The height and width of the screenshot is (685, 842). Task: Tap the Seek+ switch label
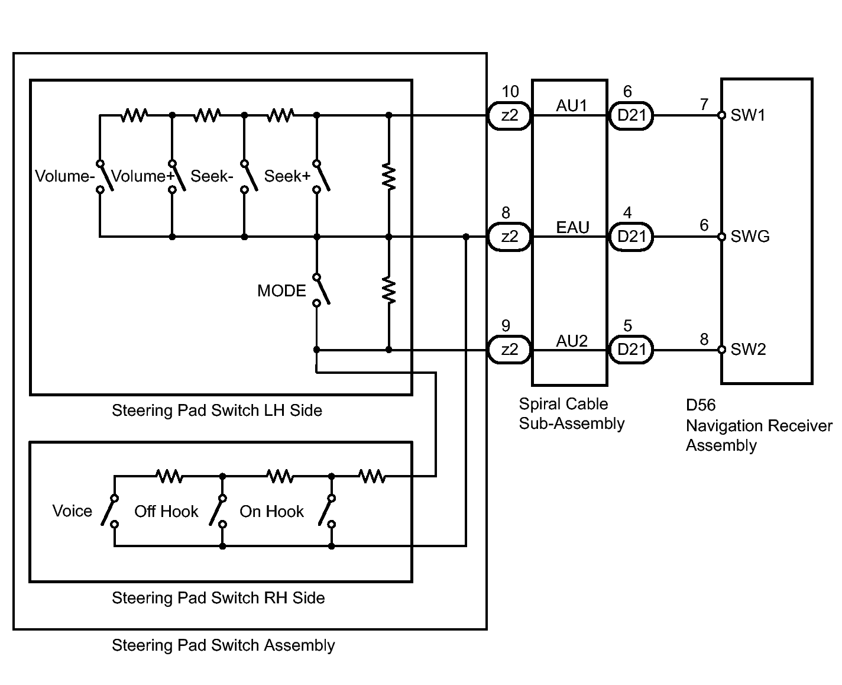pyautogui.click(x=287, y=176)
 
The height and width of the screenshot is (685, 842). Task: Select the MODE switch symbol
pyautogui.click(x=321, y=290)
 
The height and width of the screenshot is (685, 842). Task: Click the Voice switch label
pyautogui.click(x=72, y=510)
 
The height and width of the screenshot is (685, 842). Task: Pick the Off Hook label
pyautogui.click(x=166, y=511)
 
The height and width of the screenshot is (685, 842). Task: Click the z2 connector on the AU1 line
pyautogui.click(x=509, y=115)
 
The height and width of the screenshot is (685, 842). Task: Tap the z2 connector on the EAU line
pyautogui.click(x=509, y=237)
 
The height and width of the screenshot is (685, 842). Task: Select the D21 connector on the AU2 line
pyautogui.click(x=631, y=350)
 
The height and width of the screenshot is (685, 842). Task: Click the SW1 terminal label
pyautogui.click(x=747, y=115)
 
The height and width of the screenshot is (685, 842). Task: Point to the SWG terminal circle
pyautogui.click(x=721, y=237)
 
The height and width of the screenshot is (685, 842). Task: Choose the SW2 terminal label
pyautogui.click(x=748, y=349)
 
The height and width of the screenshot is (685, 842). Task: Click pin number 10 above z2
pyautogui.click(x=510, y=91)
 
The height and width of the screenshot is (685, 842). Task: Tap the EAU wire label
pyautogui.click(x=572, y=227)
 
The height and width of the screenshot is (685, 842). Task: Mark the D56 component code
pyautogui.click(x=701, y=405)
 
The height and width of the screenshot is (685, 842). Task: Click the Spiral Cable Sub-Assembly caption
pyautogui.click(x=572, y=413)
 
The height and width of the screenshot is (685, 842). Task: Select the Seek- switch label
pyautogui.click(x=212, y=176)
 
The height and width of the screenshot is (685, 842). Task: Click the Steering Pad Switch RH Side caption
pyautogui.click(x=218, y=597)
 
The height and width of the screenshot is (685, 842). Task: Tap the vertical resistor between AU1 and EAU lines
pyautogui.click(x=389, y=176)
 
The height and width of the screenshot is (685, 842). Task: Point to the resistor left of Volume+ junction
pyautogui.click(x=134, y=115)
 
